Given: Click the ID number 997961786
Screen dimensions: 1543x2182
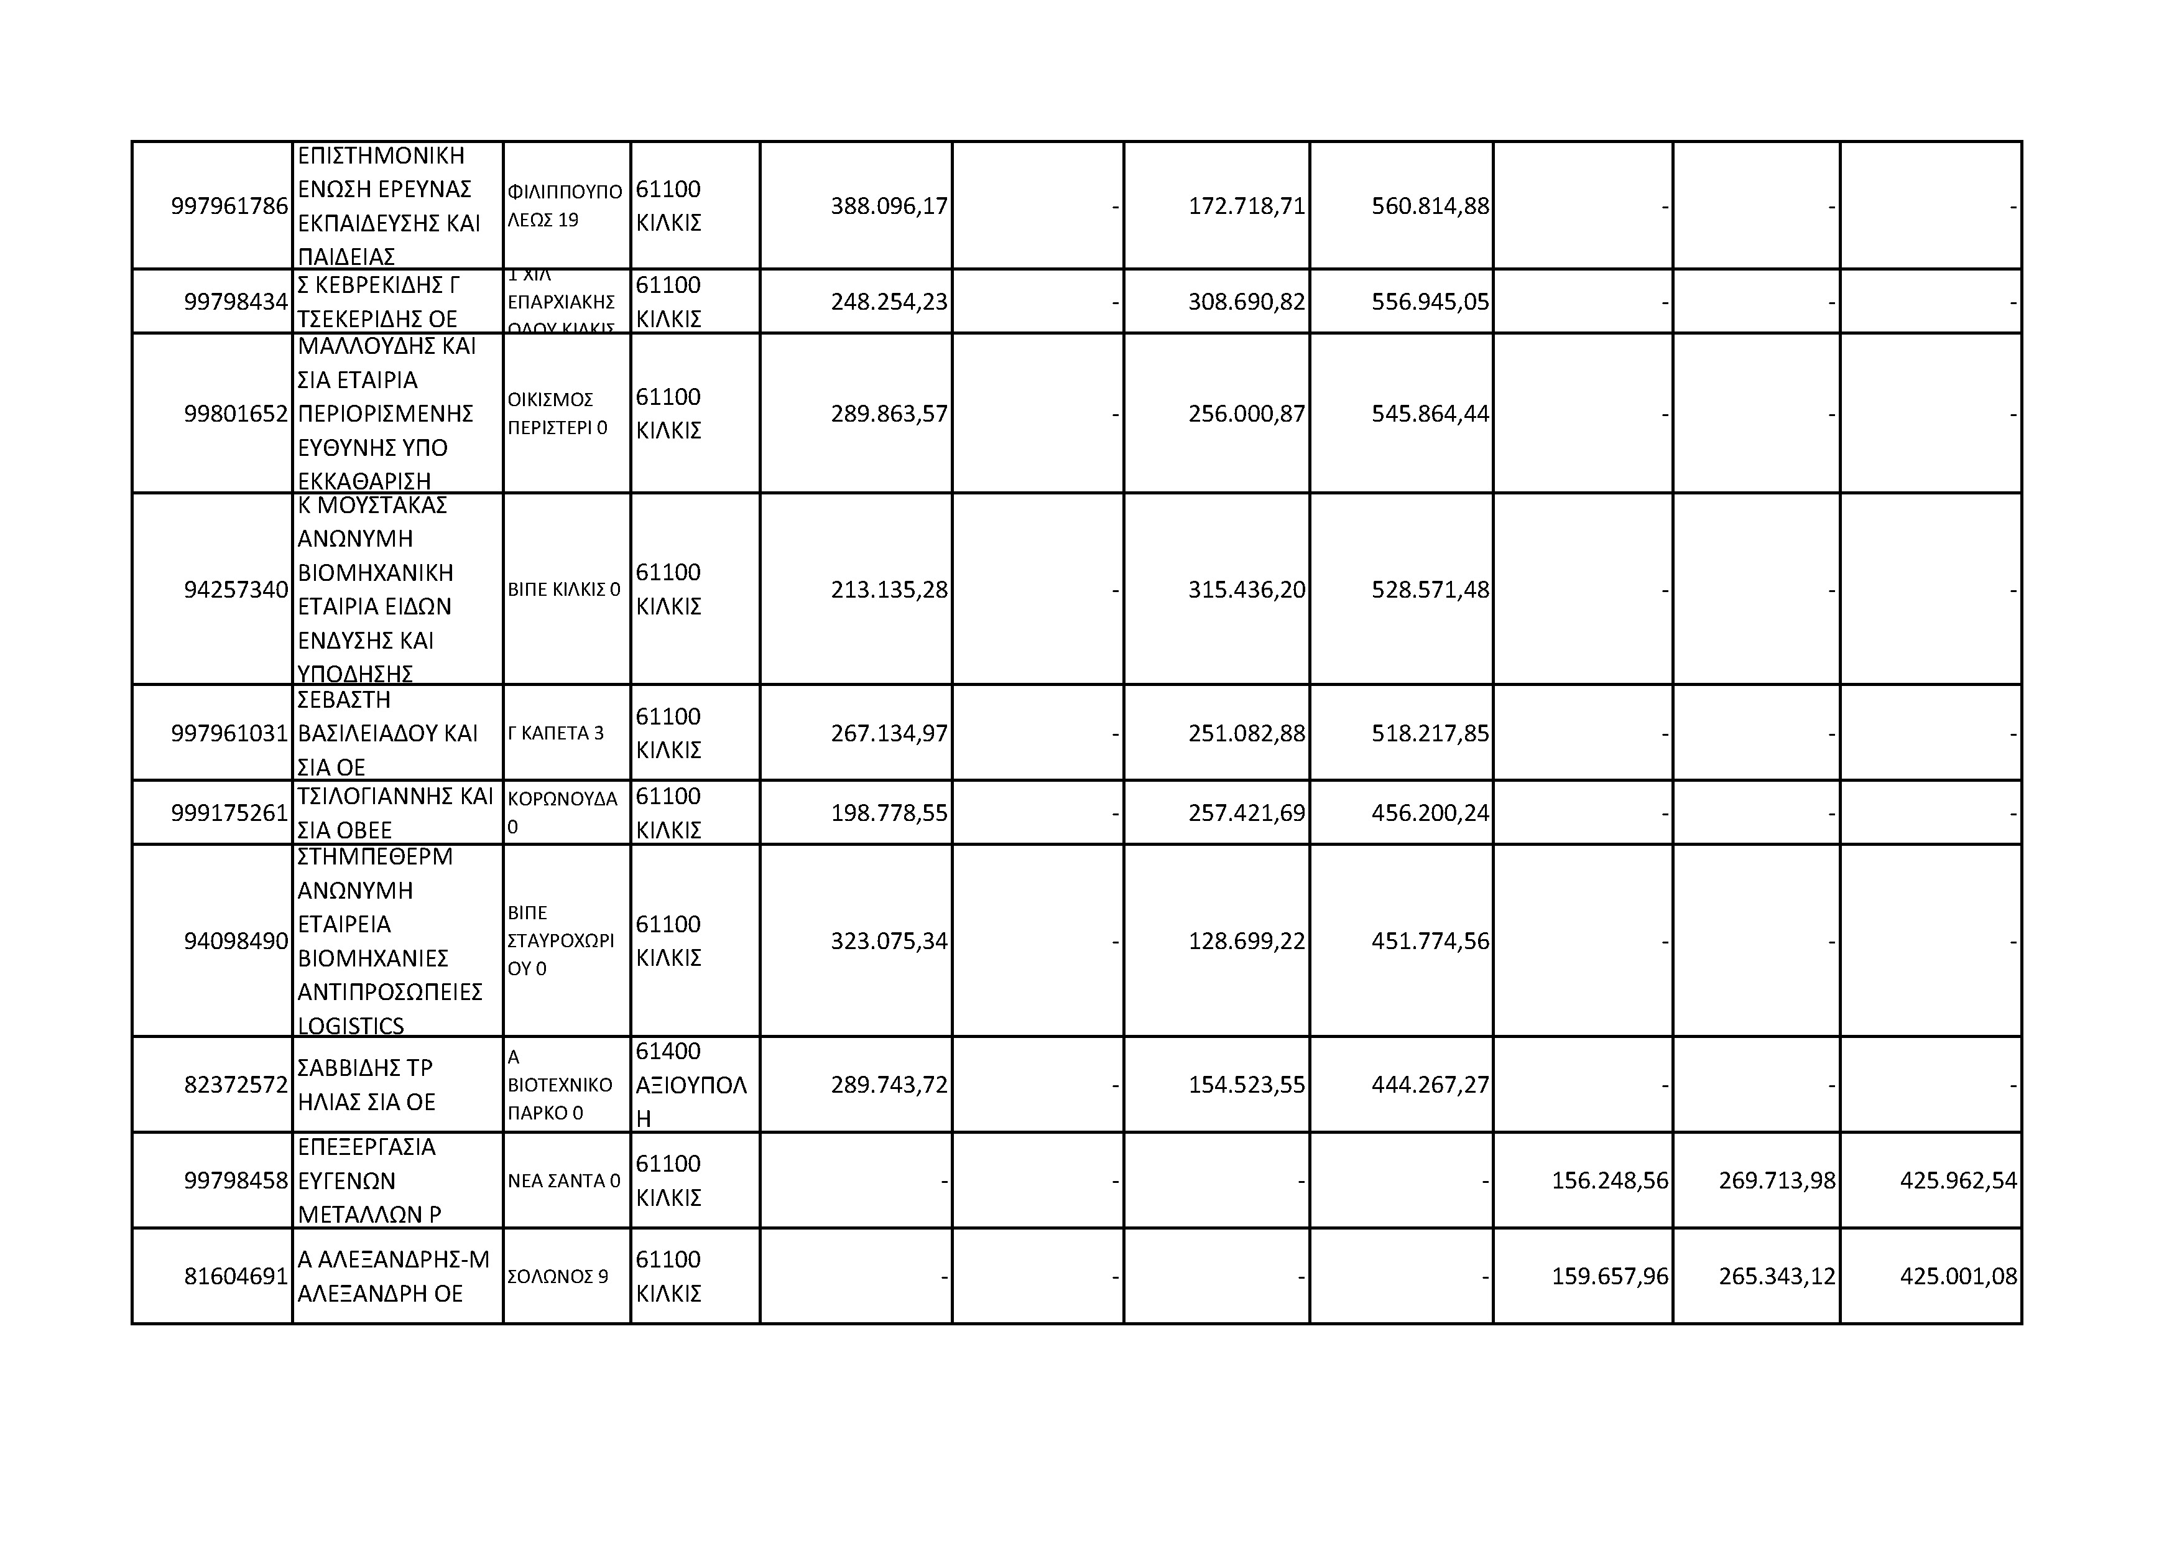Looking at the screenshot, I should [x=229, y=206].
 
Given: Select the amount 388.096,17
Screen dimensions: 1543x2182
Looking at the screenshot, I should [x=889, y=206].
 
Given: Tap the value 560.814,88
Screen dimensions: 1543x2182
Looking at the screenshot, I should [x=1430, y=206].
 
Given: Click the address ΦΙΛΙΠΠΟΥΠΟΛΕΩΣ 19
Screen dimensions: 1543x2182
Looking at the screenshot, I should [x=565, y=205].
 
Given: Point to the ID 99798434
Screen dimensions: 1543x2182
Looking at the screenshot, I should [x=236, y=302].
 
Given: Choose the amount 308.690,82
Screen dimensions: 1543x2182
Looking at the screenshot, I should [x=1246, y=302].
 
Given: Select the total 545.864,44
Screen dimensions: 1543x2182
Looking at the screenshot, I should [x=1430, y=414].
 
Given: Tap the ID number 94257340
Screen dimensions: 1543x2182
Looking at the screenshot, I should [x=236, y=590].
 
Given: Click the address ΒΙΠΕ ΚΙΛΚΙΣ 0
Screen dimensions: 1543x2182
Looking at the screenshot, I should [x=563, y=590].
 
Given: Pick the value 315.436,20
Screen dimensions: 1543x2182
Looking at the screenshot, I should [x=1246, y=590].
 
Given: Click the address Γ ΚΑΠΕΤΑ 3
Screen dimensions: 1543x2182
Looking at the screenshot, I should [x=556, y=733].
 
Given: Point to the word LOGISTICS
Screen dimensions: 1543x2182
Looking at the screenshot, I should [x=351, y=1026].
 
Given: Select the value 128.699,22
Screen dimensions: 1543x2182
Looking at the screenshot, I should [x=1246, y=941].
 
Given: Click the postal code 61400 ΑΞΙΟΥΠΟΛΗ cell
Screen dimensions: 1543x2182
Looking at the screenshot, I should [x=691, y=1085].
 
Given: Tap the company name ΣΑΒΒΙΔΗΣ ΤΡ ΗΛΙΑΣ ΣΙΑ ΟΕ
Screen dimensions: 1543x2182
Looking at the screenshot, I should [x=366, y=1085].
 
